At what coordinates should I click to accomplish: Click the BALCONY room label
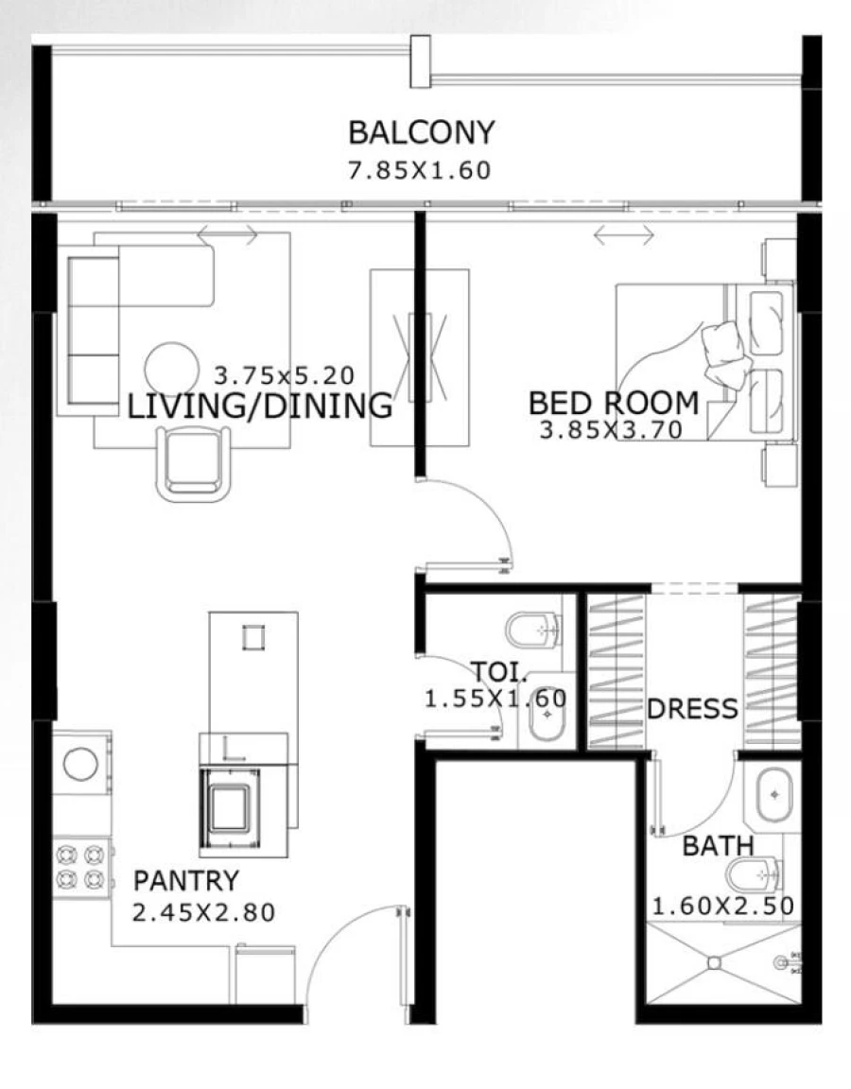pos(421,133)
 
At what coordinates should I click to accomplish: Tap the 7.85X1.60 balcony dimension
pos(421,171)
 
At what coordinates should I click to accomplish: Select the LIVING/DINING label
pos(259,406)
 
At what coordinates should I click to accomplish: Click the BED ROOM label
pos(614,404)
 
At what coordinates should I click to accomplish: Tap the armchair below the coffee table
pos(193,463)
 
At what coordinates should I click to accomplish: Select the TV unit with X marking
pos(419,357)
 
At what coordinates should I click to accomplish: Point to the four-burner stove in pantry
pos(80,868)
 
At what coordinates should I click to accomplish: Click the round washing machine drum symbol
pos(80,764)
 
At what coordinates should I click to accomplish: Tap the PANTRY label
pos(185,881)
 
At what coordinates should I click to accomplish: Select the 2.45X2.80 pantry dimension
pos(203,913)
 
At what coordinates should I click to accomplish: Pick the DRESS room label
pos(692,709)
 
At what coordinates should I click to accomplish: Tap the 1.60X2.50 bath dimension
pos(722,905)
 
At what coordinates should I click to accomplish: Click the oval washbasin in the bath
pos(774,794)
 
